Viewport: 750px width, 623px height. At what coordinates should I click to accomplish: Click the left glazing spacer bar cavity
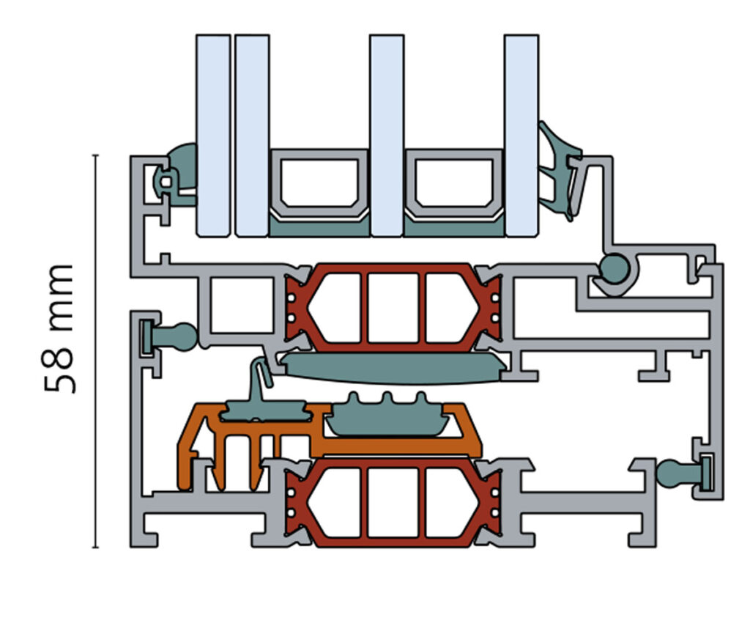click(319, 183)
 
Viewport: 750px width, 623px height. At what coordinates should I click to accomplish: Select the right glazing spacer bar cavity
click(453, 183)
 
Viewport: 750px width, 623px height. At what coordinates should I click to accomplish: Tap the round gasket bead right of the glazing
click(614, 268)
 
